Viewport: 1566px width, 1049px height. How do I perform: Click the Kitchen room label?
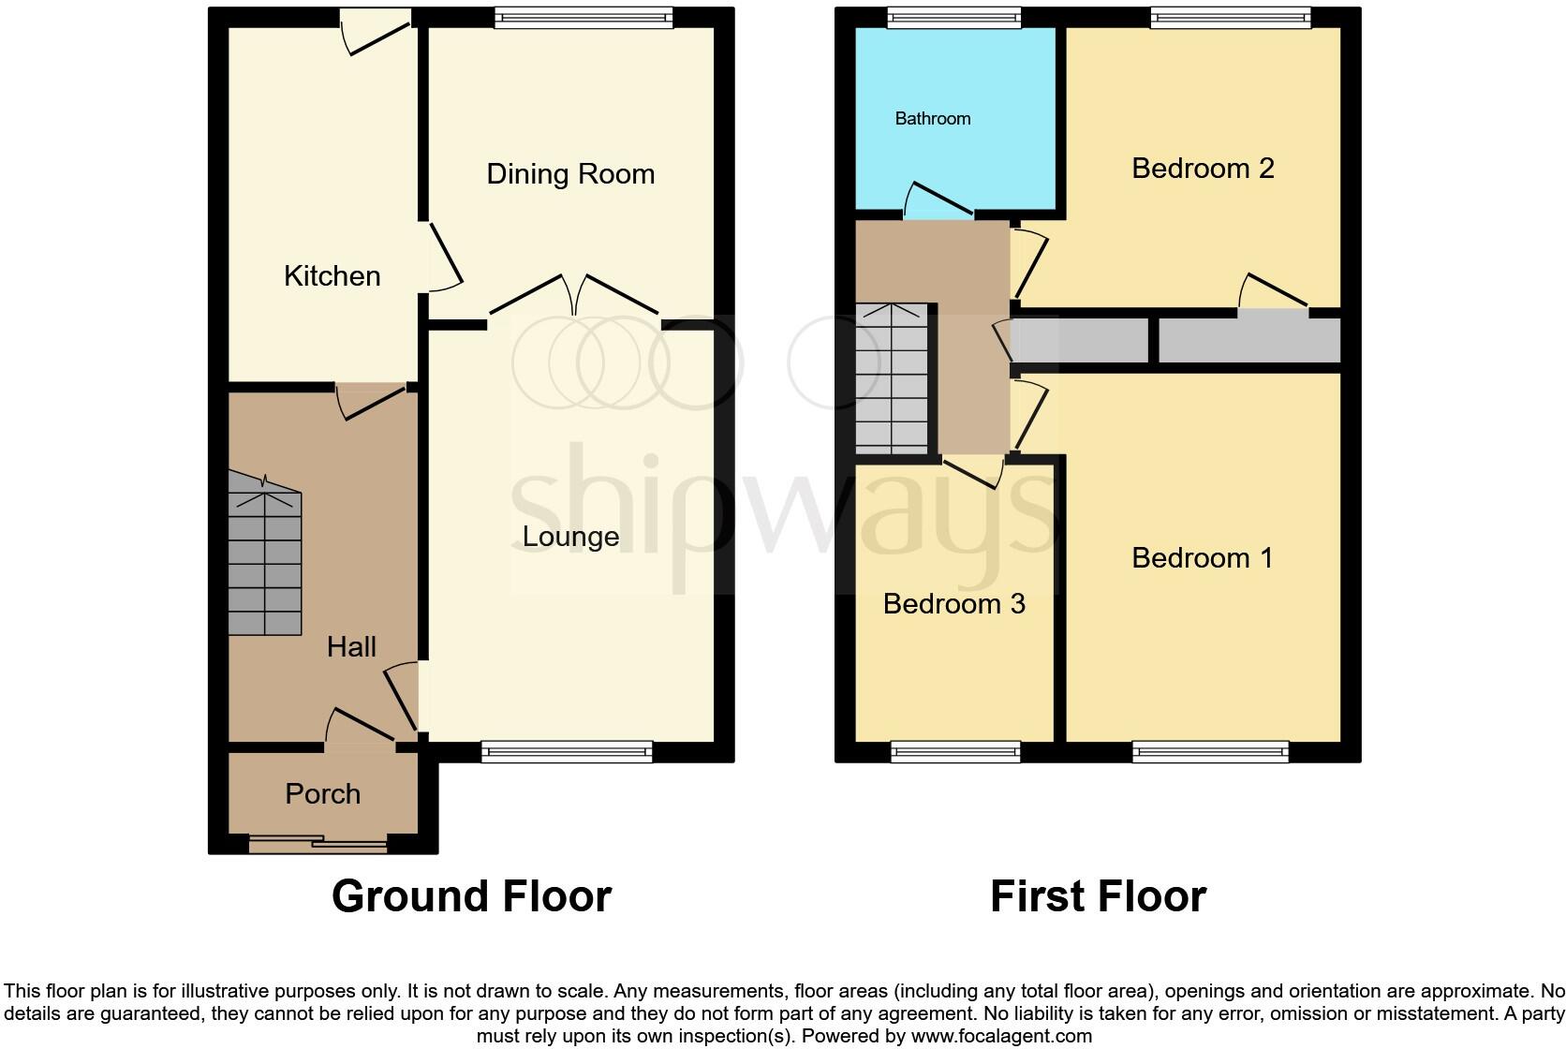tap(332, 276)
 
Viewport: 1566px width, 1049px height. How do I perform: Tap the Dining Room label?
tap(569, 174)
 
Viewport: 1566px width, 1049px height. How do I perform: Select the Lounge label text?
tap(570, 537)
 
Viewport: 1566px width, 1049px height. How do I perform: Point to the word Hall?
tap(351, 646)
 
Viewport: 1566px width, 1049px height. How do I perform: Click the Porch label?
tap(322, 794)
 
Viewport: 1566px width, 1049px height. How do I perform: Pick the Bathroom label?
tap(932, 119)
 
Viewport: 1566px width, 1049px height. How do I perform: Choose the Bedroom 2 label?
tap(1203, 169)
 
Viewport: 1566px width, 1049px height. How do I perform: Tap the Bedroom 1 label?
tap(1203, 558)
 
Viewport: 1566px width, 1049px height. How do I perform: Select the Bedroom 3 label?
tap(953, 604)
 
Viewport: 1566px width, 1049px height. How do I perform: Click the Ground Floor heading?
tap(471, 896)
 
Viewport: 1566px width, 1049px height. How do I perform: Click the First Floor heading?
tap(1098, 896)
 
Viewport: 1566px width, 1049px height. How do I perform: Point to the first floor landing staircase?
tap(892, 379)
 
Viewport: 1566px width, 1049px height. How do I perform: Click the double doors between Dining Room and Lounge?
tap(573, 296)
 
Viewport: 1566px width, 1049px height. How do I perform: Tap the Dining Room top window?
tap(583, 18)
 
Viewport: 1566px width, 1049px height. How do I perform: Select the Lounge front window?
tap(566, 751)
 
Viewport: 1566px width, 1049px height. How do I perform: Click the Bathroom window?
tap(953, 18)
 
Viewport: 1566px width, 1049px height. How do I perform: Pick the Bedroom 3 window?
tap(954, 751)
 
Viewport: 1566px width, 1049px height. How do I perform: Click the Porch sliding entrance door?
tap(318, 844)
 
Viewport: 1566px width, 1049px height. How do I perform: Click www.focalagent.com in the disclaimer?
tap(1001, 1037)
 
